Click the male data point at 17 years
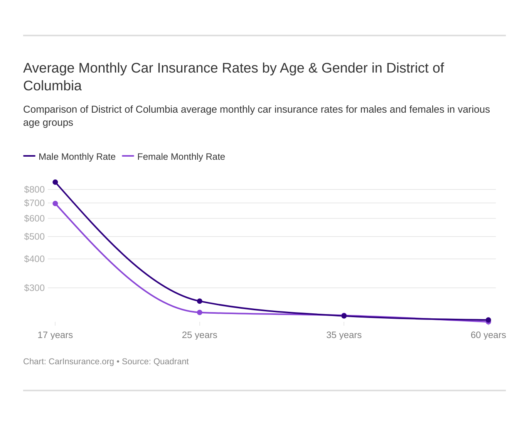point(55,182)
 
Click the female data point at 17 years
point(55,203)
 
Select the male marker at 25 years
point(200,301)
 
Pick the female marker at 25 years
point(200,312)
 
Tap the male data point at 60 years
point(489,319)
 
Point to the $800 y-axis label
point(34,189)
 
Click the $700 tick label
point(34,203)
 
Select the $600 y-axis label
point(34,218)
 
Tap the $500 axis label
point(34,237)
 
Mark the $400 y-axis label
point(34,259)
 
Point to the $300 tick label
point(34,288)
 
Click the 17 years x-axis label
point(55,335)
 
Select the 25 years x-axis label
point(200,335)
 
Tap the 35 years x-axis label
point(344,335)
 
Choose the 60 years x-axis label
point(488,335)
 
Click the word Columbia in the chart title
point(52,86)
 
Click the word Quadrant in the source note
point(171,362)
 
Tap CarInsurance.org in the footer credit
point(81,362)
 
